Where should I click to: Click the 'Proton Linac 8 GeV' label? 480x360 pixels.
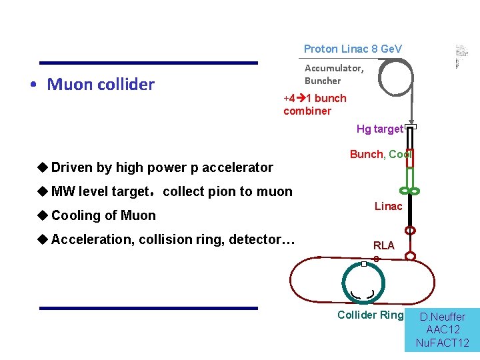tap(353, 49)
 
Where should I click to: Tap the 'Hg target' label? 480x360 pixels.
tap(379, 129)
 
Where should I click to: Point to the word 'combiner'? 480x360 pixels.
tap(307, 111)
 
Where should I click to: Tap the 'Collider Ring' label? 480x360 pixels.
tap(370, 315)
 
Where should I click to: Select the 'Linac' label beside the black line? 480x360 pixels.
tap(388, 206)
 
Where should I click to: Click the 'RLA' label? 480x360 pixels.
tap(383, 245)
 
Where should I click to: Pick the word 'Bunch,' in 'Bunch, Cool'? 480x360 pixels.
tap(367, 154)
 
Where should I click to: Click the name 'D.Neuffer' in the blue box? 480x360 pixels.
tap(442, 317)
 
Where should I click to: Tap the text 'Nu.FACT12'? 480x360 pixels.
tap(442, 343)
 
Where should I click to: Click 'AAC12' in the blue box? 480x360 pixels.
tap(442, 330)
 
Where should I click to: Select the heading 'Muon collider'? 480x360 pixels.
tap(101, 84)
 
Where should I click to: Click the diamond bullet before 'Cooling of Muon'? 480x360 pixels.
tap(43, 215)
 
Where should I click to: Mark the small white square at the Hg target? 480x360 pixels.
tap(411, 127)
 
